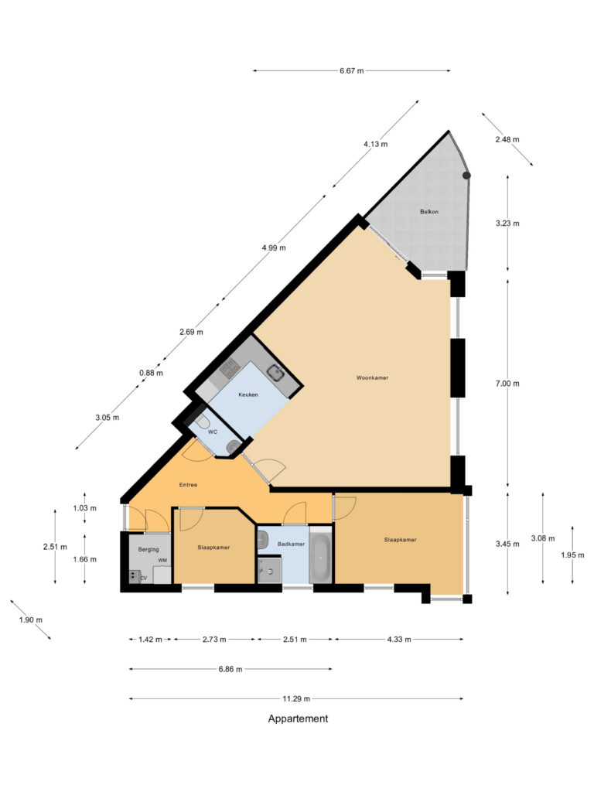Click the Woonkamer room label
[x=372, y=378]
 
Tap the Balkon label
[x=430, y=211]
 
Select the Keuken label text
[x=248, y=394]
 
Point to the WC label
[x=212, y=432]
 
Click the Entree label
[x=188, y=485]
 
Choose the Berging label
[x=148, y=548]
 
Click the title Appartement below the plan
[x=298, y=719]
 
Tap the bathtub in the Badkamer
[x=320, y=555]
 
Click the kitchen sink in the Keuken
[x=276, y=374]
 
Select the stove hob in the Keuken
[x=228, y=369]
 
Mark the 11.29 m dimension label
[x=297, y=699]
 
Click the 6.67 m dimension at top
[x=351, y=71]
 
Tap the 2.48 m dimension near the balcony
[x=508, y=140]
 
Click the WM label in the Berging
[x=162, y=560]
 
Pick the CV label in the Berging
[x=143, y=577]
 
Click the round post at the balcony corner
[x=466, y=176]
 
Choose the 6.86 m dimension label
[x=230, y=669]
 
